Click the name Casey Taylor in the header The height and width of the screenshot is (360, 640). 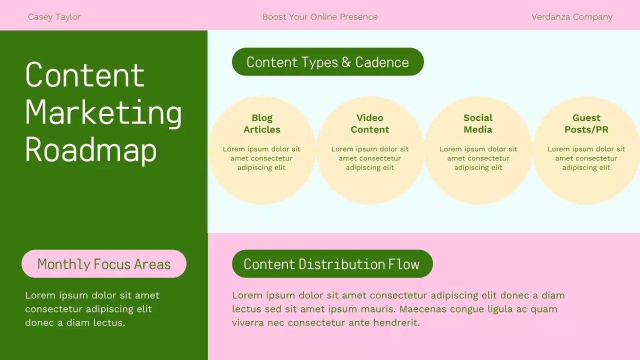tap(54, 17)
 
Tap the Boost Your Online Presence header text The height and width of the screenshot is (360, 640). tap(320, 17)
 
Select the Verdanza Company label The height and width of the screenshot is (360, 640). tap(571, 17)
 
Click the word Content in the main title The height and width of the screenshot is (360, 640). tap(85, 75)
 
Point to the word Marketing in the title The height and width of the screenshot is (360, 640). tap(103, 113)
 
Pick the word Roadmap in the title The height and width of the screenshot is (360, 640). tap(91, 149)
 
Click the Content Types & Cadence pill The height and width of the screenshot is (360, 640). tap(327, 62)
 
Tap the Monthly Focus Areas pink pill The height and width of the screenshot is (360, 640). tap(104, 264)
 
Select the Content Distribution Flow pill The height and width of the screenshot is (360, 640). tap(332, 264)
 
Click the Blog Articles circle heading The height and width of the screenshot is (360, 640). tap(261, 123)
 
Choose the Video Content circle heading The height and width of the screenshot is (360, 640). tap(370, 123)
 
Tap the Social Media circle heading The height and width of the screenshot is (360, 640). tap(478, 123)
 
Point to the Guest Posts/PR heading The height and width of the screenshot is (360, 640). tap(586, 123)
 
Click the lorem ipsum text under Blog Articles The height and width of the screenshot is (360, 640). tap(261, 158)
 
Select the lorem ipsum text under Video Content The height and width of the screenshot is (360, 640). tap(370, 158)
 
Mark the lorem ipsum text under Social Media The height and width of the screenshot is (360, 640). tap(478, 158)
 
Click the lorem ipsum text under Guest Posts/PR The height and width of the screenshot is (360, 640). tap(586, 158)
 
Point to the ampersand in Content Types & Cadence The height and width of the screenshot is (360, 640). tap(346, 62)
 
